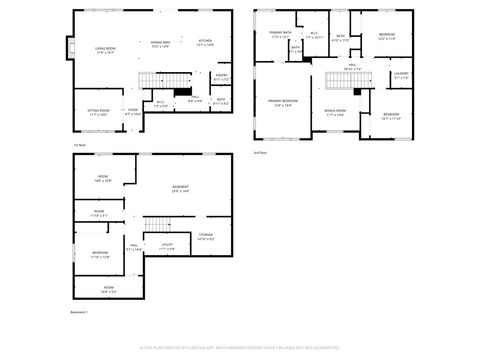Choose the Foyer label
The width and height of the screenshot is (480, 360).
pyautogui.click(x=132, y=112)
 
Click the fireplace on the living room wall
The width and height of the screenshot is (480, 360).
pyautogui.click(x=70, y=47)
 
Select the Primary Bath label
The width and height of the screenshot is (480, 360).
pyautogui.click(x=279, y=36)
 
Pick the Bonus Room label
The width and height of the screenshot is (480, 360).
pyautogui.click(x=334, y=113)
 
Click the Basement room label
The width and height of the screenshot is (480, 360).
pyautogui.click(x=181, y=188)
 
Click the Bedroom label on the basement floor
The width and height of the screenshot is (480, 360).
pyautogui.click(x=99, y=254)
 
